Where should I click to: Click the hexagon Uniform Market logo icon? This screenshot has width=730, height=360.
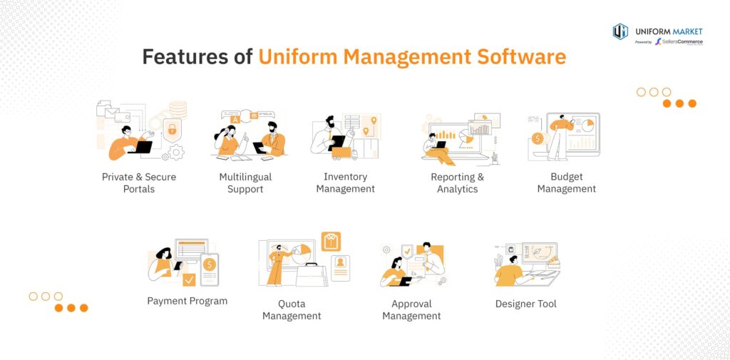620,31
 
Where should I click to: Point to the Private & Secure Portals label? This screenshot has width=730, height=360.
139,183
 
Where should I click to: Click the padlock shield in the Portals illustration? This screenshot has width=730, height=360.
173,129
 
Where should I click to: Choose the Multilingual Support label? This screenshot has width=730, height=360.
245,183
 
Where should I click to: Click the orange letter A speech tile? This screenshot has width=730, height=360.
235,120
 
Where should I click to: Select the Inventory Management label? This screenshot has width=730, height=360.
346,182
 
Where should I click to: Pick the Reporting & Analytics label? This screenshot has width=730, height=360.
457,183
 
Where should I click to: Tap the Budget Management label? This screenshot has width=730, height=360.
567,182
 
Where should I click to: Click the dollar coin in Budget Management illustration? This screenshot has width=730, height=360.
538,138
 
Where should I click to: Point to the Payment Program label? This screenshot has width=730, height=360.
187,301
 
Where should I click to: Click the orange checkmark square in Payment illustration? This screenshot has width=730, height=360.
189,280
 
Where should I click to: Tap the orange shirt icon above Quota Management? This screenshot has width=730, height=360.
331,242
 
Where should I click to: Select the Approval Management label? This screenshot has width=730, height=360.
411,309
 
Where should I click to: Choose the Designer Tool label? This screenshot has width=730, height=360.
525,304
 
